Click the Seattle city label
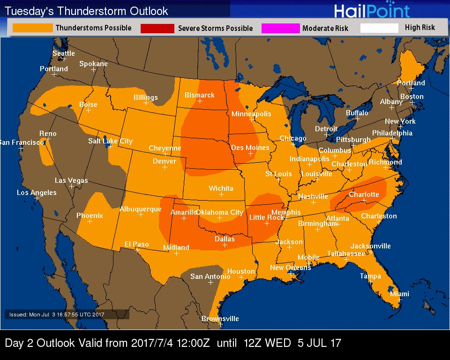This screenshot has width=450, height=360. click(63, 53)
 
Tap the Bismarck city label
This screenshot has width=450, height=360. click(199, 95)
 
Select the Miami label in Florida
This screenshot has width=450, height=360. click(399, 294)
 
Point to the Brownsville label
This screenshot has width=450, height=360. click(220, 319)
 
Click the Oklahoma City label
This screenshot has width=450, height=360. click(219, 212)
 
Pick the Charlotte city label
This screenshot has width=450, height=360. click(364, 195)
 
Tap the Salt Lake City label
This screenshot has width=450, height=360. click(110, 141)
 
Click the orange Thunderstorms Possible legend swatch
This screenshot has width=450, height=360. click(32, 28)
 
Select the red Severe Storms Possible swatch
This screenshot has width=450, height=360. click(157, 29)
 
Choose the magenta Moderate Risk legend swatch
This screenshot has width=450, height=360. click(280, 29)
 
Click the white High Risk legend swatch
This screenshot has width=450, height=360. click(379, 28)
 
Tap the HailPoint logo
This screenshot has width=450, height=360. click(372, 11)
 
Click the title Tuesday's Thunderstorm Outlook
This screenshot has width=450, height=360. click(86, 11)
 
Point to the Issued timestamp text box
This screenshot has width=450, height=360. click(67, 315)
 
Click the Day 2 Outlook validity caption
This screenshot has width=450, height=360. click(173, 343)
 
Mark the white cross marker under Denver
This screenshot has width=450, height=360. click(165, 167)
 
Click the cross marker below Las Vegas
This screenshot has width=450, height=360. click(71, 186)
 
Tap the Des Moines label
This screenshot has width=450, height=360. click(250, 148)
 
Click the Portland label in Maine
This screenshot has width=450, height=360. click(411, 83)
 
